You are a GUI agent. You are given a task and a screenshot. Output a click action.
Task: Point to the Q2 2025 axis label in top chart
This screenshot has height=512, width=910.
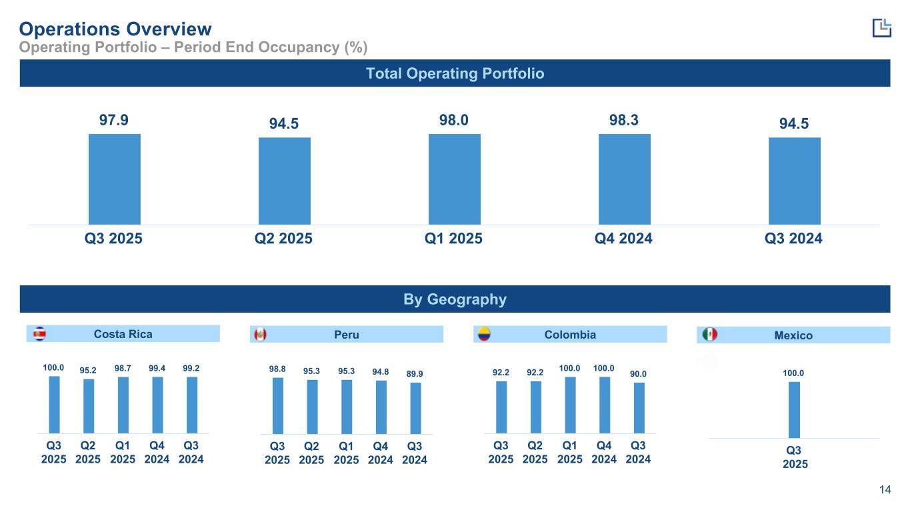[x=284, y=239]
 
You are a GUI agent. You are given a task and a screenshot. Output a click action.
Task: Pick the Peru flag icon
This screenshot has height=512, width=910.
[x=259, y=335]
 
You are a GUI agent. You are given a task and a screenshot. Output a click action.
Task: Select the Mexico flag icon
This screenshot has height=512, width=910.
[x=709, y=335]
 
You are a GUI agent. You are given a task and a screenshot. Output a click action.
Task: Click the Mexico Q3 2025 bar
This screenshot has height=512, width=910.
[x=794, y=409]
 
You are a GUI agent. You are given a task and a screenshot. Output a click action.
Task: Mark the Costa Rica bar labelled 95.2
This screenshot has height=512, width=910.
[x=89, y=406]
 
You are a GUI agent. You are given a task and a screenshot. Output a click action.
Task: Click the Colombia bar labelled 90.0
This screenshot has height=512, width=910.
[x=639, y=407]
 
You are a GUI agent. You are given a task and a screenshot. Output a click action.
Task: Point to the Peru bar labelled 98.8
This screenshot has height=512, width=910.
[x=278, y=405]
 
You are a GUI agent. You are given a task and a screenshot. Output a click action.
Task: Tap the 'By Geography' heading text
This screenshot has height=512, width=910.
[x=455, y=299]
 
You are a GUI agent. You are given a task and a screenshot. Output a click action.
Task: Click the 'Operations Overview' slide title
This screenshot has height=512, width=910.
[x=115, y=29]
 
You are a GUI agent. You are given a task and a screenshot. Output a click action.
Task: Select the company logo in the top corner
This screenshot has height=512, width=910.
[x=881, y=27]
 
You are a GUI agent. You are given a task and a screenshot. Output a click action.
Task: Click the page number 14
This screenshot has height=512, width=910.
[x=885, y=491]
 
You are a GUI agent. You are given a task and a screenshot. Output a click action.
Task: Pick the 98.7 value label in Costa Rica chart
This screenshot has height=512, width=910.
[x=123, y=368]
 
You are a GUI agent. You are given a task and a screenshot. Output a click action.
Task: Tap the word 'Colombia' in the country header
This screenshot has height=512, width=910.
[x=569, y=335]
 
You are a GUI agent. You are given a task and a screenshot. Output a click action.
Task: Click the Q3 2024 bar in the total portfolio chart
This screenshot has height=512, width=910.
[x=794, y=181]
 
